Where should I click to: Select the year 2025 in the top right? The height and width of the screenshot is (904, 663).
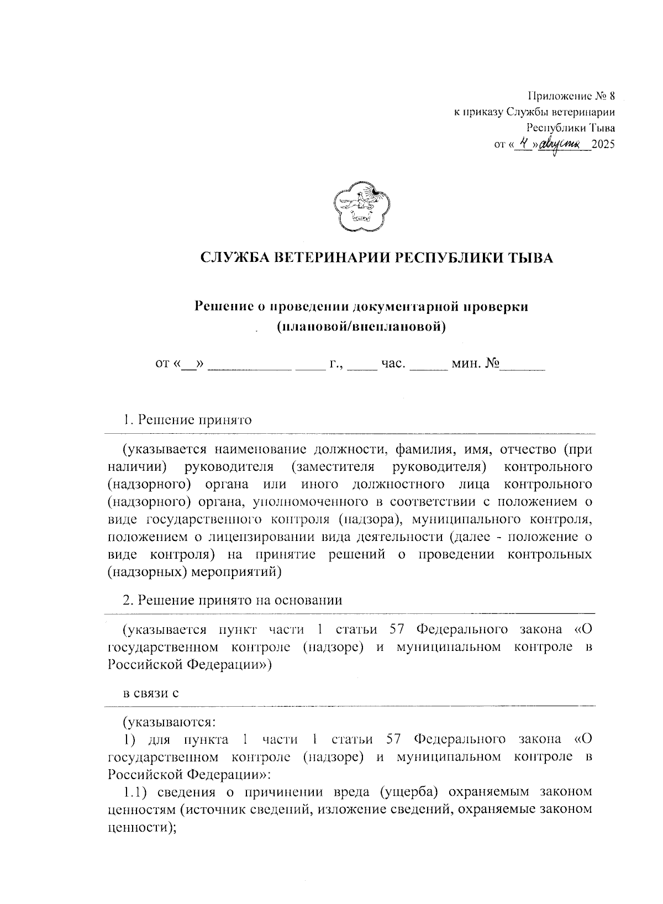pos(603,145)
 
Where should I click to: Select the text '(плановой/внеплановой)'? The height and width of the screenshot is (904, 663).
pos(361,327)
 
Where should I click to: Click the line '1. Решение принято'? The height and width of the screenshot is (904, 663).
pos(187,420)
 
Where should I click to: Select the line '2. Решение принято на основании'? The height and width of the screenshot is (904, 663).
pos(233,600)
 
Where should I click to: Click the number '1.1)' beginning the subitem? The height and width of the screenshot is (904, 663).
pos(135,792)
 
